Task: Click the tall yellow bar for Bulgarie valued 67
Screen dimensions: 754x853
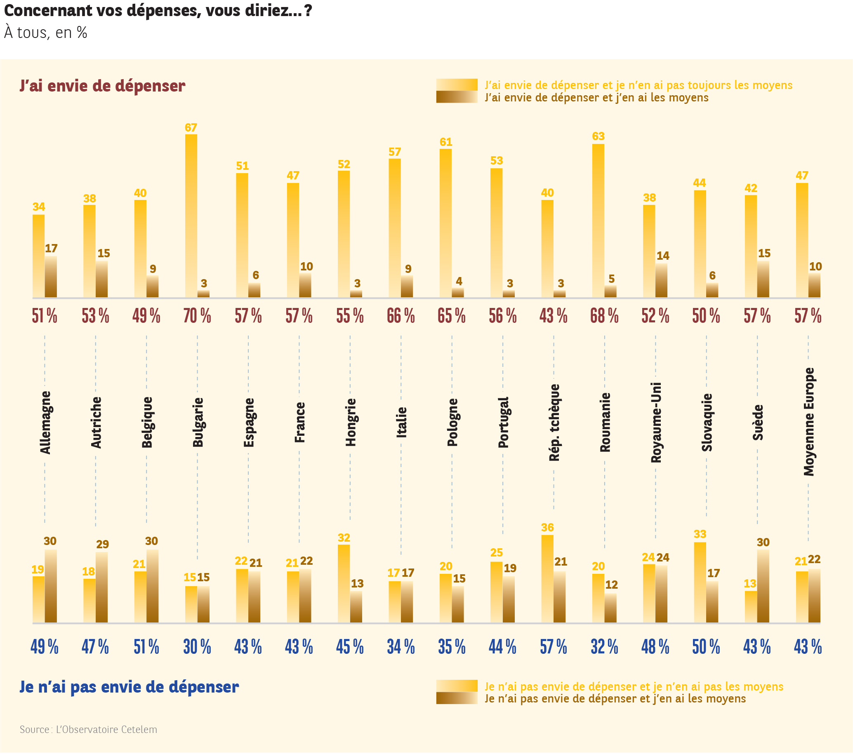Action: coord(191,216)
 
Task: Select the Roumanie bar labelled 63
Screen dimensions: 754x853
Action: coord(598,221)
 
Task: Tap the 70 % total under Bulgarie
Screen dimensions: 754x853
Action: coord(197,316)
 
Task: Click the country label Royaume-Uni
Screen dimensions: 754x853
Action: coord(656,423)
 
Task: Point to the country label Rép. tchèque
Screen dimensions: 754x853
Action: coord(554,423)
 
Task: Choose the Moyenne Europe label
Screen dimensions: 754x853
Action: coord(809,422)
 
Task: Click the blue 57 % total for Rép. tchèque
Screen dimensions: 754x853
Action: coord(554,647)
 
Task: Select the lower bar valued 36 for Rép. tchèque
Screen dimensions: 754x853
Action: coord(547,579)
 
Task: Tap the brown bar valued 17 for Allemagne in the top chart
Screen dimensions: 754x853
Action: coord(51,277)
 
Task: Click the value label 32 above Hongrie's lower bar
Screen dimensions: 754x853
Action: coord(344,538)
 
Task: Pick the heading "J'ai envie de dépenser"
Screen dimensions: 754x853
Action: coord(102,86)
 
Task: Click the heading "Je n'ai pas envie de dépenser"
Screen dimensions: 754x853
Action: coord(129,687)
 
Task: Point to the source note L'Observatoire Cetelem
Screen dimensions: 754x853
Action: coord(88,729)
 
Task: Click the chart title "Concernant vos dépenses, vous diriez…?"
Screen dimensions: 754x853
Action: coord(158,11)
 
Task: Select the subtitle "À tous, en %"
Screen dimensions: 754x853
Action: coord(45,33)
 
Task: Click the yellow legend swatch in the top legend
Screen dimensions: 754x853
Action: coord(457,85)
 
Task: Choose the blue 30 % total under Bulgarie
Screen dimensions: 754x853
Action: coord(197,647)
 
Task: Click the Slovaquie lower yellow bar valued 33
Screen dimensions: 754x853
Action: coord(700,583)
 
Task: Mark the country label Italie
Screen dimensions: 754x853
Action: coord(401,423)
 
